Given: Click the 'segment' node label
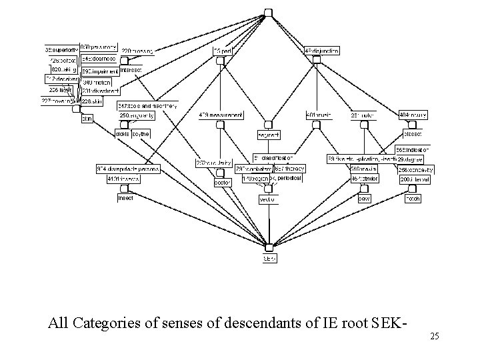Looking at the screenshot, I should coord(268,135).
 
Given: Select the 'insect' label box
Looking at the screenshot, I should coord(125,198).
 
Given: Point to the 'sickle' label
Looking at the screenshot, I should coord(122,134).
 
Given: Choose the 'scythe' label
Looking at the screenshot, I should coord(141,134).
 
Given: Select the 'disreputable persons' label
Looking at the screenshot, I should coord(128,169).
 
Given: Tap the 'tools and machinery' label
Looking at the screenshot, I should coord(148,105).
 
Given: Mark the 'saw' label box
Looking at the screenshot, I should coord(364,198).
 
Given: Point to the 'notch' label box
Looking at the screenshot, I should coord(413,198).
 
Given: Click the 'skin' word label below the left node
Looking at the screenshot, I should coord(87,118).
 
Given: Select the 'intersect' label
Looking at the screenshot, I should coord(131,69).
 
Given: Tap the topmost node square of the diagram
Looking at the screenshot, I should coord(268,13).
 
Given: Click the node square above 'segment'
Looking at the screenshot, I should coord(268,125).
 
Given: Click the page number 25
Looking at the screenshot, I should coord(434,337).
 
